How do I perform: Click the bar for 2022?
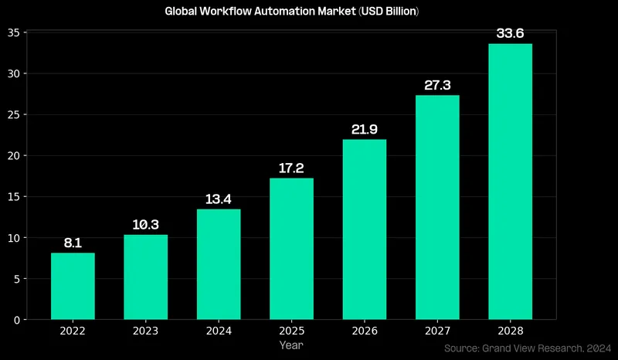pos(73,286)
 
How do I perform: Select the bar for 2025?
pos(291,249)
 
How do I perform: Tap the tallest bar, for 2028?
pos(510,182)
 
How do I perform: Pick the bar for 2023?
pos(145,277)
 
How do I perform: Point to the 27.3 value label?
pos(437,84)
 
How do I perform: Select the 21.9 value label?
pos(364,128)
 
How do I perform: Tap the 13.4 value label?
pos(219,199)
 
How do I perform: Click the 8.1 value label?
pos(73,243)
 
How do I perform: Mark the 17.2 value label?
pos(291,168)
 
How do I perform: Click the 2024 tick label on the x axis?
pos(219,331)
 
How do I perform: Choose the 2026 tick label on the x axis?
pos(364,331)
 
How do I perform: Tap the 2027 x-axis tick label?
pos(437,331)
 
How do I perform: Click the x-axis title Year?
pos(291,345)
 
